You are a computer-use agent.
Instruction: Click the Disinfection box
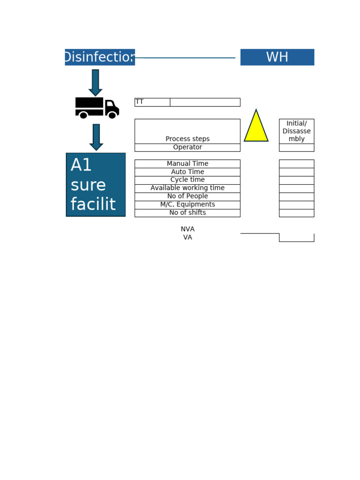pyautogui.click(x=100, y=57)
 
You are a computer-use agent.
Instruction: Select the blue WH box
pyautogui.click(x=277, y=57)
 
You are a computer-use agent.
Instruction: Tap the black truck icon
pyautogui.click(x=97, y=108)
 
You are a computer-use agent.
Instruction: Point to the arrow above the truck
pyautogui.click(x=96, y=82)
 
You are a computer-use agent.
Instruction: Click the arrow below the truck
pyautogui.click(x=96, y=137)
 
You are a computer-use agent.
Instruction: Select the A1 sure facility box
pyautogui.click(x=96, y=185)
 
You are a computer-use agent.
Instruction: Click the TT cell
pyautogui.click(x=152, y=102)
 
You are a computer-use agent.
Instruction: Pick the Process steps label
pyautogui.click(x=187, y=139)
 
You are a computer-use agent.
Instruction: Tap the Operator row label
pyautogui.click(x=187, y=148)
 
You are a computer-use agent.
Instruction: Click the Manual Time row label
pyautogui.click(x=187, y=164)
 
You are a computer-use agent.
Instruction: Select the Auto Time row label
pyautogui.click(x=187, y=172)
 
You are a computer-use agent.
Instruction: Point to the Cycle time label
pyautogui.click(x=187, y=180)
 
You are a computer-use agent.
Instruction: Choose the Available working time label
pyautogui.click(x=187, y=188)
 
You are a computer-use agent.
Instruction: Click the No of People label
pyautogui.click(x=187, y=196)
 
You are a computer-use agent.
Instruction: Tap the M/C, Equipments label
pyautogui.click(x=187, y=205)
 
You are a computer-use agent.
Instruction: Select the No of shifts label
pyautogui.click(x=187, y=213)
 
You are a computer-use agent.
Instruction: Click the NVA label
pyautogui.click(x=187, y=229)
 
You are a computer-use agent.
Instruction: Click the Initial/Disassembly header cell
pyautogui.click(x=297, y=131)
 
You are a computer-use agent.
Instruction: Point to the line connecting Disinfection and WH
pyautogui.click(x=185, y=58)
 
